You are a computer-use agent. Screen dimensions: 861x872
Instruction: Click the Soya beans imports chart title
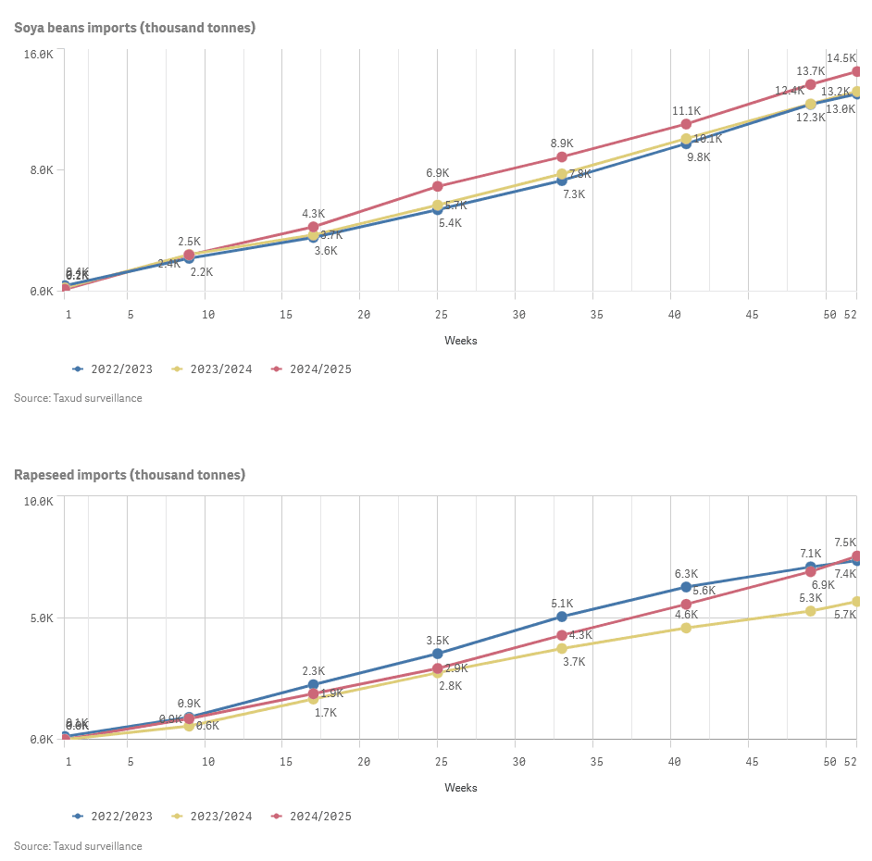134,28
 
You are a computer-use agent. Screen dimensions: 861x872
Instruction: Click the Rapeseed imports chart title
130,475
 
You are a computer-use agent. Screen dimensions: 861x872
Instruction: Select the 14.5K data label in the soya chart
841,58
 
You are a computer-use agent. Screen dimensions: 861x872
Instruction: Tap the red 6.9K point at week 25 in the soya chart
438,186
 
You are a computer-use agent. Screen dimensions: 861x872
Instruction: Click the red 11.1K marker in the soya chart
686,124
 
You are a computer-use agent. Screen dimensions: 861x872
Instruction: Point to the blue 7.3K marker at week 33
562,180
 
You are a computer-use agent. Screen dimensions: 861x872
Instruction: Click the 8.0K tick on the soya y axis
41,170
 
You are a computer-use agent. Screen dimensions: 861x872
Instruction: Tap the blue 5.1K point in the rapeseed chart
562,617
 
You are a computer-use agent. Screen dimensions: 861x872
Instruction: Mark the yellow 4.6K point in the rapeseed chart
686,628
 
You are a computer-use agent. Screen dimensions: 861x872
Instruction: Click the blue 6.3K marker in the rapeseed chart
686,587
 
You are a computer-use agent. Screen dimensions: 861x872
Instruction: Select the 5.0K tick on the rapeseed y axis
41,618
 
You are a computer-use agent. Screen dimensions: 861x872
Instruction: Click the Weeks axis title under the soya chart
461,341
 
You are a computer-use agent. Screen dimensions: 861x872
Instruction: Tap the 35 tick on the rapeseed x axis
596,762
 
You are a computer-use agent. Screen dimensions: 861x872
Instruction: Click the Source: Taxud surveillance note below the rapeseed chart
78,846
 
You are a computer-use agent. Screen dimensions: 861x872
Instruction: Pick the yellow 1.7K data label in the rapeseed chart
326,713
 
